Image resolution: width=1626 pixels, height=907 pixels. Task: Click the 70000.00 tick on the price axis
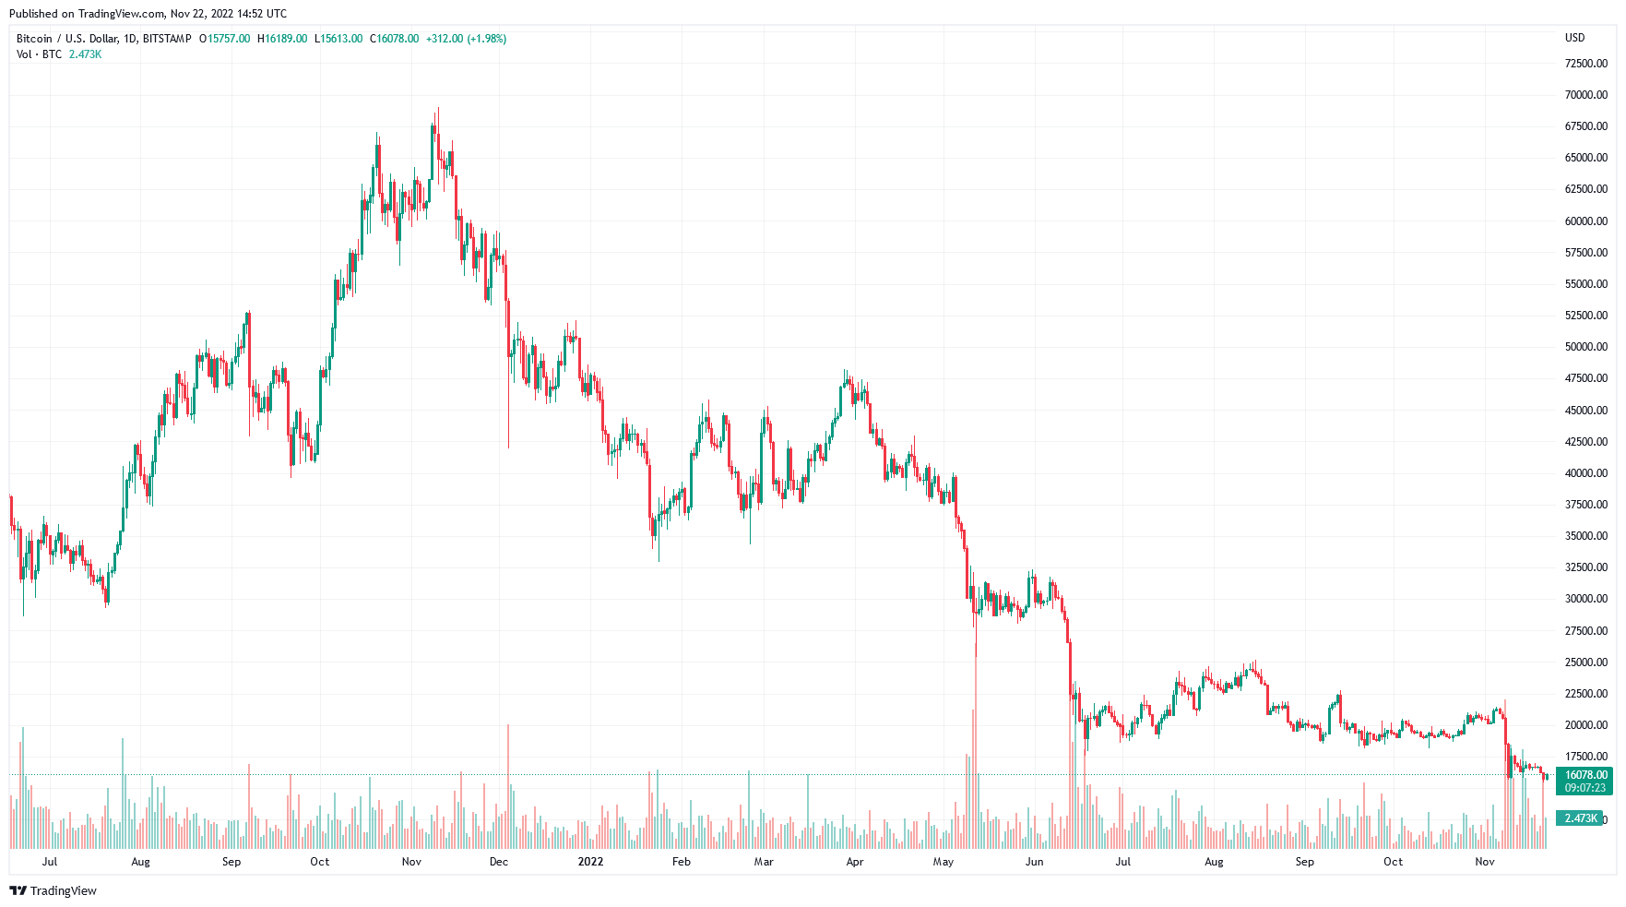1585,95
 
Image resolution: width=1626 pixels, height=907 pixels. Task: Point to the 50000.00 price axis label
1585,347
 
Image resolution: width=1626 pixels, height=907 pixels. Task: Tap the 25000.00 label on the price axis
1585,662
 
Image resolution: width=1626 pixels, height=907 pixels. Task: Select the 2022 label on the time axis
590,862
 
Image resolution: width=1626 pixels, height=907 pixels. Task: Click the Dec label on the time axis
498,862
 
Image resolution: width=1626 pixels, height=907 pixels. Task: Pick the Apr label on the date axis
855,862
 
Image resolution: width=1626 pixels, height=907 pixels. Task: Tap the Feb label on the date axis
681,862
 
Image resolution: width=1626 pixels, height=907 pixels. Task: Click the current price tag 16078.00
1585,775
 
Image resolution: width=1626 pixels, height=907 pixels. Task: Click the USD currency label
1574,38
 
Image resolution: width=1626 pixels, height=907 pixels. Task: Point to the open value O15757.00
224,39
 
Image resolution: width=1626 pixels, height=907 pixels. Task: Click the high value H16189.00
282,39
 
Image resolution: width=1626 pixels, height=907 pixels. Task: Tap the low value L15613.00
338,39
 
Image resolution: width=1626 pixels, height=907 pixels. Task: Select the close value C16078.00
394,39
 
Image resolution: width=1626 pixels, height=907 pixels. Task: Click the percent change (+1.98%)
486,39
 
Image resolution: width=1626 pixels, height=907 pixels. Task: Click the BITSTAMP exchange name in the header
167,39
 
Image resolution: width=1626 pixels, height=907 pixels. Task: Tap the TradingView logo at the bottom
53,890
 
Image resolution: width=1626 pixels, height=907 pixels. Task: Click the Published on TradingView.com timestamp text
148,14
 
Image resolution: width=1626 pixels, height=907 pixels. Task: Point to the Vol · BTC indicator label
39,54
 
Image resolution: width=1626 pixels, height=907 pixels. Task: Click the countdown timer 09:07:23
1585,788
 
